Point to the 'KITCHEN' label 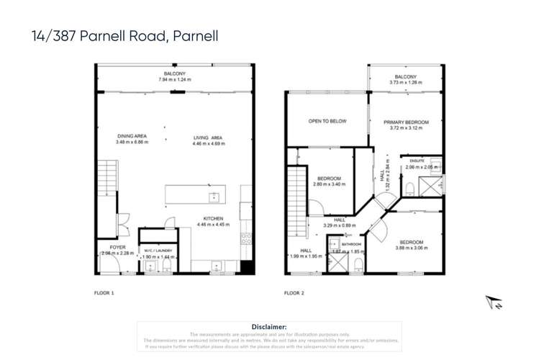(x=213, y=217)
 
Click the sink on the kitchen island (x=214, y=196)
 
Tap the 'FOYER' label (x=107, y=247)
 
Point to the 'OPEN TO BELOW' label (x=327, y=121)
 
